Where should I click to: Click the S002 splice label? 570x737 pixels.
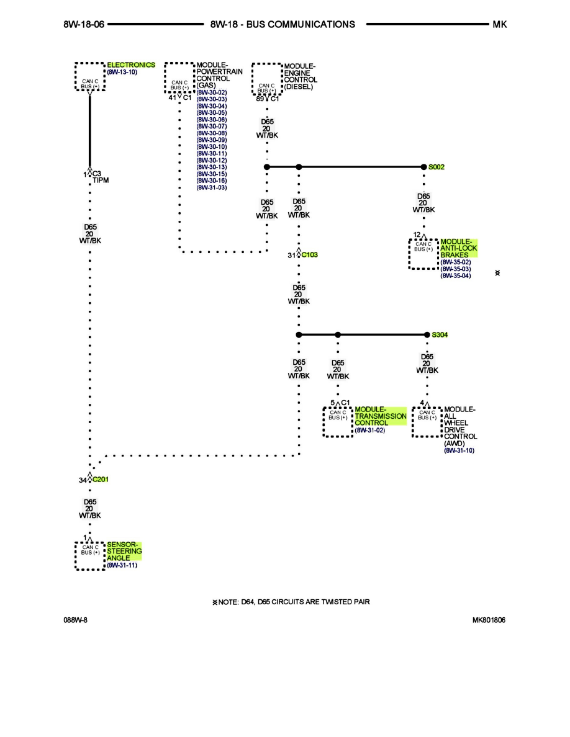pos(437,167)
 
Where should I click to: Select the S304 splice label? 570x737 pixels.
pos(440,334)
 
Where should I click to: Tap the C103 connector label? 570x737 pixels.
pos(310,255)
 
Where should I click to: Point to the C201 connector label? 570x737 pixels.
pos(101,480)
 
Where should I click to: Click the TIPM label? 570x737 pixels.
pos(101,181)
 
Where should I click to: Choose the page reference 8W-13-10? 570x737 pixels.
pos(122,72)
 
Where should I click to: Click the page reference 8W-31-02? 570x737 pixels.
pos(369,430)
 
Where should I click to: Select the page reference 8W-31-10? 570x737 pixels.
pos(459,450)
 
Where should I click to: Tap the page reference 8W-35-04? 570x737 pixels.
pos(455,275)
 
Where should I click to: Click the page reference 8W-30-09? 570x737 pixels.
pos(212,140)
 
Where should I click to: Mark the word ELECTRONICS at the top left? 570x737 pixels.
pos(131,65)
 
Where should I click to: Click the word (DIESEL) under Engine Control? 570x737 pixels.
pos(299,87)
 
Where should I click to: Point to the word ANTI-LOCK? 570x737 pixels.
pos(459,248)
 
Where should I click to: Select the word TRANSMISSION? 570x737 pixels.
pos(381,416)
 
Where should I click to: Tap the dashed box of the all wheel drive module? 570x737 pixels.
pos(427,422)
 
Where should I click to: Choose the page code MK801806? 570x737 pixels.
pos(488,620)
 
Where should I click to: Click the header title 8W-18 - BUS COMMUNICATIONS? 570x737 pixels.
pos(283,24)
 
